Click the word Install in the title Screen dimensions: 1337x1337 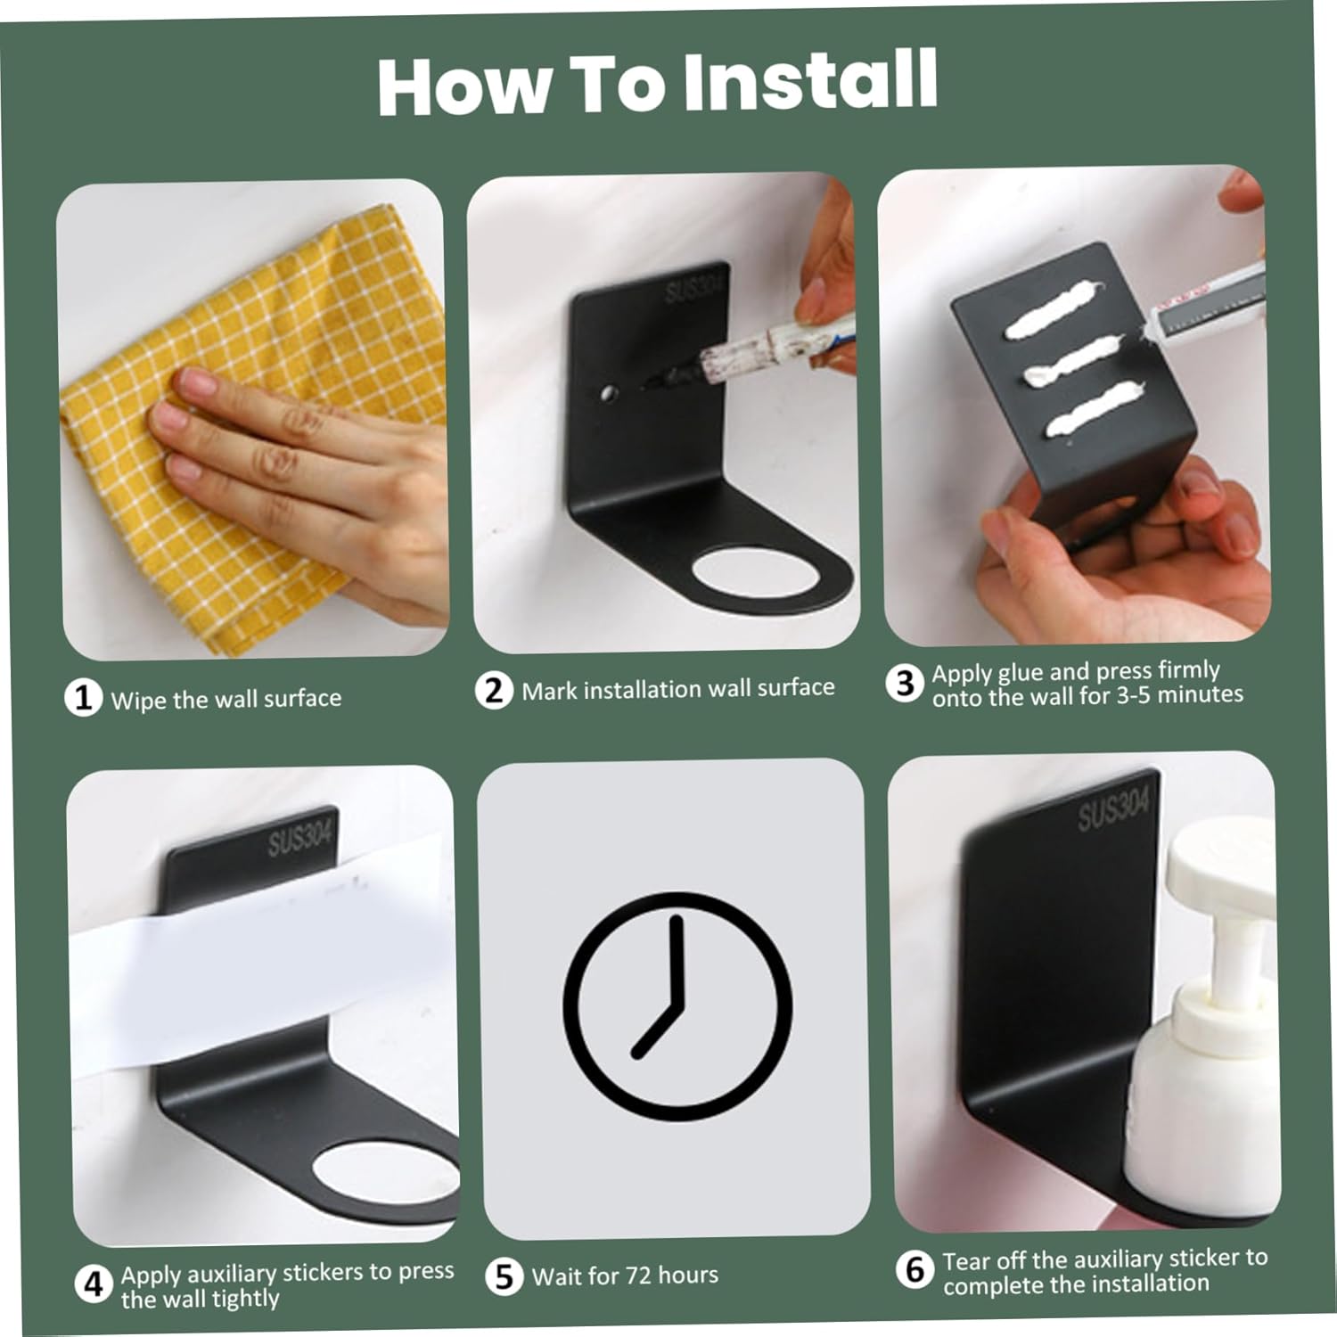point(809,81)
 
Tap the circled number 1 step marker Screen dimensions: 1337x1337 point(83,697)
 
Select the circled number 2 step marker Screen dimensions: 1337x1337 point(494,690)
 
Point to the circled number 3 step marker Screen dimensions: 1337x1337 point(905,683)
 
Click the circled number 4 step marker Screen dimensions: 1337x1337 point(94,1284)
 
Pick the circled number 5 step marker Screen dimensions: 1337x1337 point(504,1276)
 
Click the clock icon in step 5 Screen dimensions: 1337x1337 point(677,1005)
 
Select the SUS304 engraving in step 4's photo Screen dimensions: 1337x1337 point(299,839)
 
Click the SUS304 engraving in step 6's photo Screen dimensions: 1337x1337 point(1114,809)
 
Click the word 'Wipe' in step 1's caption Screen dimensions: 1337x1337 point(140,700)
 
